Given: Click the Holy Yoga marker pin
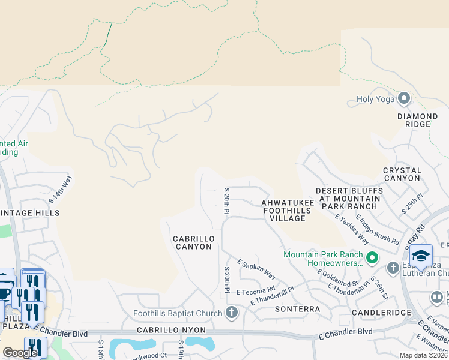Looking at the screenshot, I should click(404, 98).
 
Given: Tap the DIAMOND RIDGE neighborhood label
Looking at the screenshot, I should click(417, 120).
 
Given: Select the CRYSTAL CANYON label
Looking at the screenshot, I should click(402, 175).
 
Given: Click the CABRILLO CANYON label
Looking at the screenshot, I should click(193, 242).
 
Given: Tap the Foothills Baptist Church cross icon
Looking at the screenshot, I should click(232, 313).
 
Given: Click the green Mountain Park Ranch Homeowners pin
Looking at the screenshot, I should click(372, 259).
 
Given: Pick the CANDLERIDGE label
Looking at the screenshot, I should click(381, 313).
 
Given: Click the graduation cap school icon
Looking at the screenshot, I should click(421, 256).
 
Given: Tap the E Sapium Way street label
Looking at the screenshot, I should click(256, 269).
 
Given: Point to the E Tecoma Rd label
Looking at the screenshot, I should click(255, 290).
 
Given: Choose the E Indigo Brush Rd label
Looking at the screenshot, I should click(378, 229).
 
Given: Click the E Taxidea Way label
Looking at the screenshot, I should click(352, 229).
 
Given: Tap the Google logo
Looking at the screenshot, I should click(20, 353).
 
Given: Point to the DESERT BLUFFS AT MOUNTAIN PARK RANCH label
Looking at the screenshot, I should click(350, 198).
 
